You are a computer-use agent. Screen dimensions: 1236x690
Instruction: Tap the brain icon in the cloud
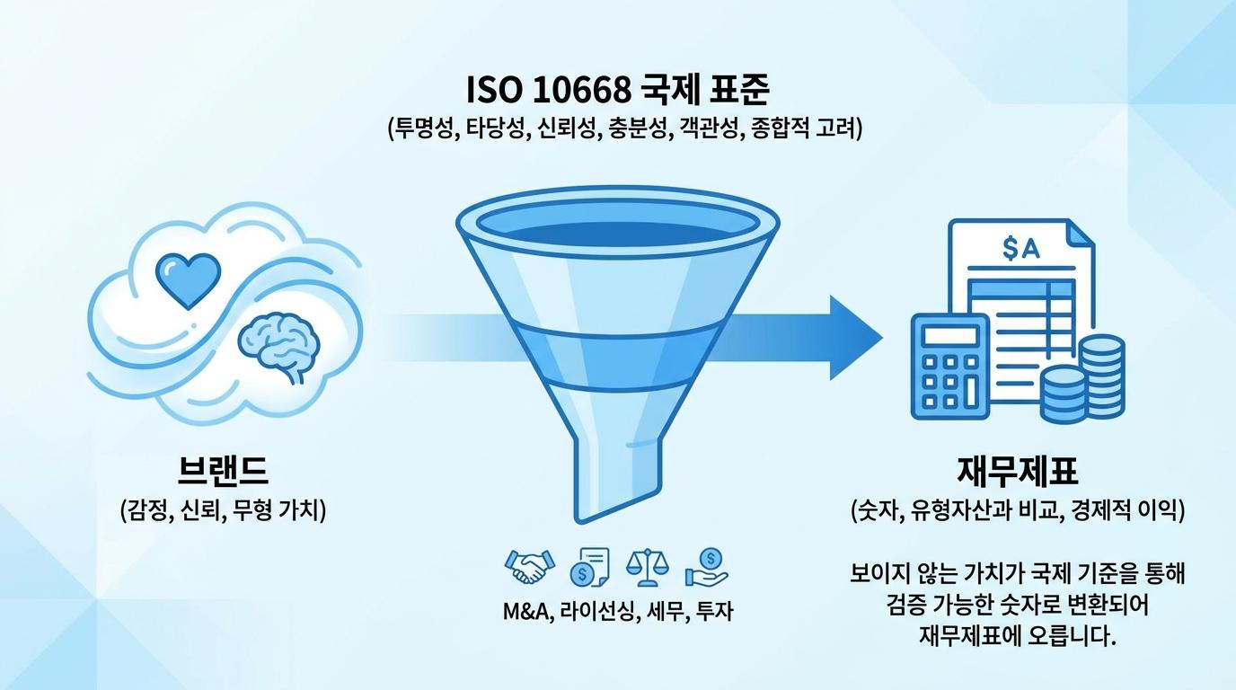point(279,346)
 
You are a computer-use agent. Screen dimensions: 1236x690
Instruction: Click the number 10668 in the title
point(582,90)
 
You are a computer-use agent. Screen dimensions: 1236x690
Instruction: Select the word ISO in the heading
point(494,90)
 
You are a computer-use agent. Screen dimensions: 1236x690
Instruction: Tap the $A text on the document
point(1020,248)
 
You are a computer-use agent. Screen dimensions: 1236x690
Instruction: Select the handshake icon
point(528,566)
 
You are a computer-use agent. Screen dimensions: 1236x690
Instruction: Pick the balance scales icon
point(648,567)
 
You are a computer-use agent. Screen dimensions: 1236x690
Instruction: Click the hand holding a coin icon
point(707,567)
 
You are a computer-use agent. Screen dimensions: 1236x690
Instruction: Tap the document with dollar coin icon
point(589,567)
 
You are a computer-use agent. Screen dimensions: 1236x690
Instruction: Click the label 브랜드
point(223,470)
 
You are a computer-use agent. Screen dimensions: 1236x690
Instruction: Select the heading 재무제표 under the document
point(1017,471)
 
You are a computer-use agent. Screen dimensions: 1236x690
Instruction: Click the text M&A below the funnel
point(528,611)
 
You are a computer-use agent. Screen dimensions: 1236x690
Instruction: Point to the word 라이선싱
point(597,611)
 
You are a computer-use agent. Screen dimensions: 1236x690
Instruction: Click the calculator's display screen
point(950,335)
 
